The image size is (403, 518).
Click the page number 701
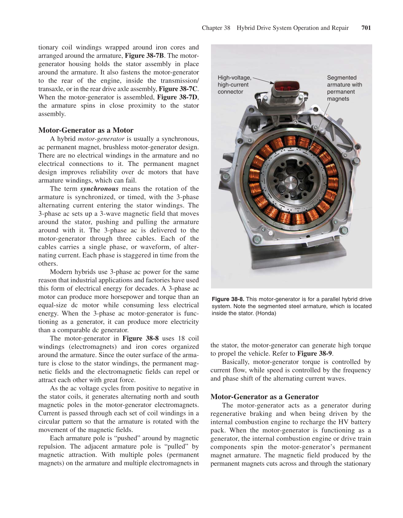click(x=366, y=28)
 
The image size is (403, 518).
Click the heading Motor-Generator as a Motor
click(x=86, y=130)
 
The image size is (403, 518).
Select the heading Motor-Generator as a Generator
click(x=264, y=397)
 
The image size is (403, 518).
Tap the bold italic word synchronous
click(x=99, y=189)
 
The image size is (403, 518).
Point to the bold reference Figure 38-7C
click(x=178, y=89)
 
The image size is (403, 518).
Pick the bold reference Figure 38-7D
click(x=177, y=98)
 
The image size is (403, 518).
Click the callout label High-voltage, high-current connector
click(x=234, y=85)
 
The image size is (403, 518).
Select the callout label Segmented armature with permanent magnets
click(x=344, y=88)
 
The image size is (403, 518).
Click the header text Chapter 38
click(x=216, y=28)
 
